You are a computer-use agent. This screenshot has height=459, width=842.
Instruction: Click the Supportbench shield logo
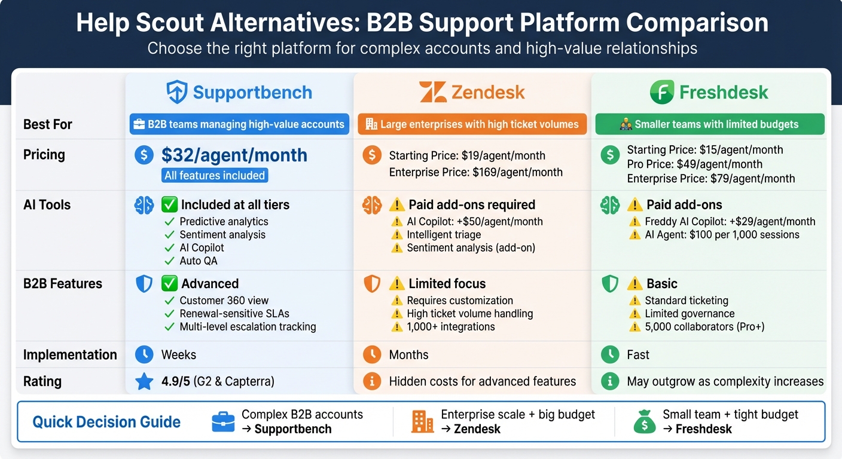coord(177,93)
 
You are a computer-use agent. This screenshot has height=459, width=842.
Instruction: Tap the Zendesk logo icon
coord(432,93)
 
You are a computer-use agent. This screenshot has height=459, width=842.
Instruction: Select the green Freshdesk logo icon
coord(662,93)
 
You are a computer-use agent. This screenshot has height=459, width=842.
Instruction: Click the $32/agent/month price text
coord(234,155)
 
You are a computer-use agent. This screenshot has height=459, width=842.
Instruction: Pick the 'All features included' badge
coord(215,176)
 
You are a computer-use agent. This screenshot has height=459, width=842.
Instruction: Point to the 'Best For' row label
coord(47,124)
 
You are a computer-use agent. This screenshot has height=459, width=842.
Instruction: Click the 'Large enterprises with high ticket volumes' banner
coord(472,124)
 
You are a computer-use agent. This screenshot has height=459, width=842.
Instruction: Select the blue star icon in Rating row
coord(144,381)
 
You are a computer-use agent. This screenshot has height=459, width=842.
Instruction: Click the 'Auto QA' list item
coord(199,261)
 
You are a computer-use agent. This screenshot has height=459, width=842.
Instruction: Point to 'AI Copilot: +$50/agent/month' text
coord(475,222)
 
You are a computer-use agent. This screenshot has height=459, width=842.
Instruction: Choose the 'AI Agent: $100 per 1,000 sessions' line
coord(722,235)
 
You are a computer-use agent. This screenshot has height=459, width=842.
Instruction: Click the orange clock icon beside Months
coord(372,355)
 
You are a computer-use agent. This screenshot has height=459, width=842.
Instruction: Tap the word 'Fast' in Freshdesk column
coord(638,355)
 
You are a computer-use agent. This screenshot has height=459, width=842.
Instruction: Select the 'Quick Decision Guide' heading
coord(106,422)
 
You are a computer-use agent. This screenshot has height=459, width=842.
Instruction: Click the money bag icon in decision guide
coord(644,422)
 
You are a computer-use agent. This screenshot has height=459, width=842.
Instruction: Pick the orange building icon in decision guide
coord(422,422)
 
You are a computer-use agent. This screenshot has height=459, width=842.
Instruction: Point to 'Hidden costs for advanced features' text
coord(482,381)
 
